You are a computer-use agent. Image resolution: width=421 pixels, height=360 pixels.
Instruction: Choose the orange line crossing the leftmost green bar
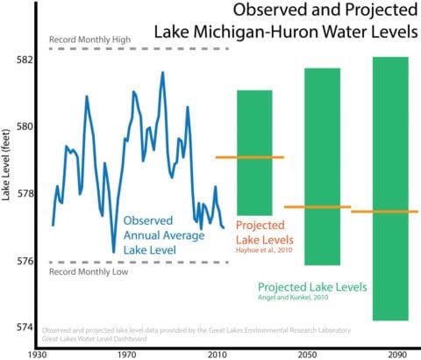(x=250, y=157)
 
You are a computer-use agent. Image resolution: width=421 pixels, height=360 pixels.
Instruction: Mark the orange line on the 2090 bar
(x=390, y=212)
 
